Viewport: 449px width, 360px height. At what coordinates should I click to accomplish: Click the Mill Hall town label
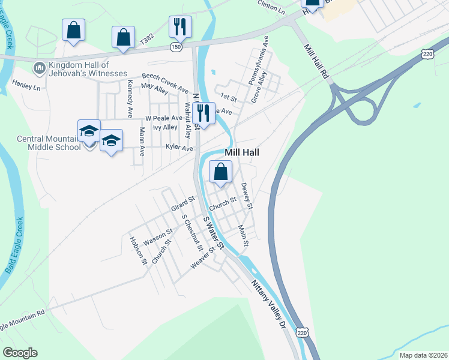[x=242, y=153]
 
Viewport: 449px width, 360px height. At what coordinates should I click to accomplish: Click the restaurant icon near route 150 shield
[x=180, y=27]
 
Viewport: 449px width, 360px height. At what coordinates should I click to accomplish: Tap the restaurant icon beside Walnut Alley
[x=204, y=113]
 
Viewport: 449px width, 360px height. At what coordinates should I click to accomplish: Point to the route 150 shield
[x=175, y=47]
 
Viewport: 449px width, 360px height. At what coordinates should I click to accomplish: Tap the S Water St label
[x=213, y=235]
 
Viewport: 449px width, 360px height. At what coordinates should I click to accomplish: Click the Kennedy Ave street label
[x=130, y=101]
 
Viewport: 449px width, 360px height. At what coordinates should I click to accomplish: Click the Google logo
[x=20, y=353]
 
